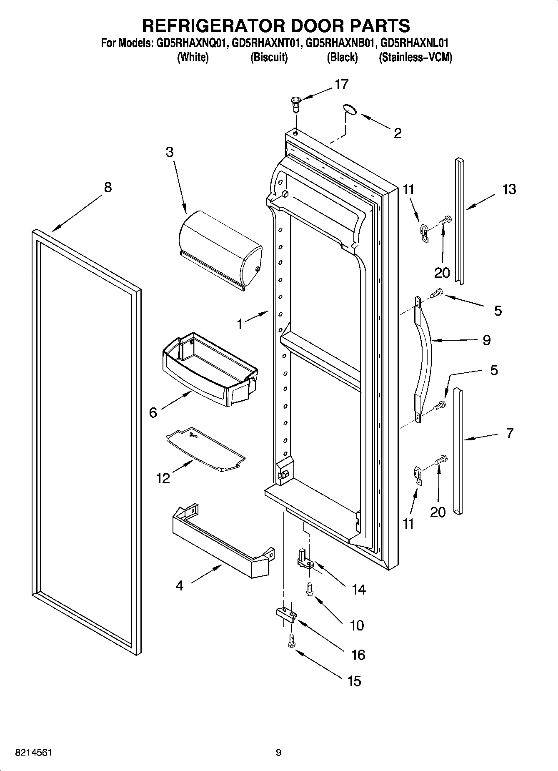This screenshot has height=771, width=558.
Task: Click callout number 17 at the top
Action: tap(341, 85)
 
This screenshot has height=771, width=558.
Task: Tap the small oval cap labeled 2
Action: tap(350, 109)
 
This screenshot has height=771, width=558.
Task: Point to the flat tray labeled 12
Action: tap(205, 449)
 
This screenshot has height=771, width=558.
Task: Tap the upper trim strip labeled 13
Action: tap(459, 221)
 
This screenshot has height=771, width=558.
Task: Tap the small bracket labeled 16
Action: tap(286, 614)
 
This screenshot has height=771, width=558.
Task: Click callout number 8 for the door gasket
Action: tap(108, 187)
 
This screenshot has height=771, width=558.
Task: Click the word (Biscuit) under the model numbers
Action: tap(269, 58)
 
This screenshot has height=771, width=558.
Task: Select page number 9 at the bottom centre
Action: tap(278, 753)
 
